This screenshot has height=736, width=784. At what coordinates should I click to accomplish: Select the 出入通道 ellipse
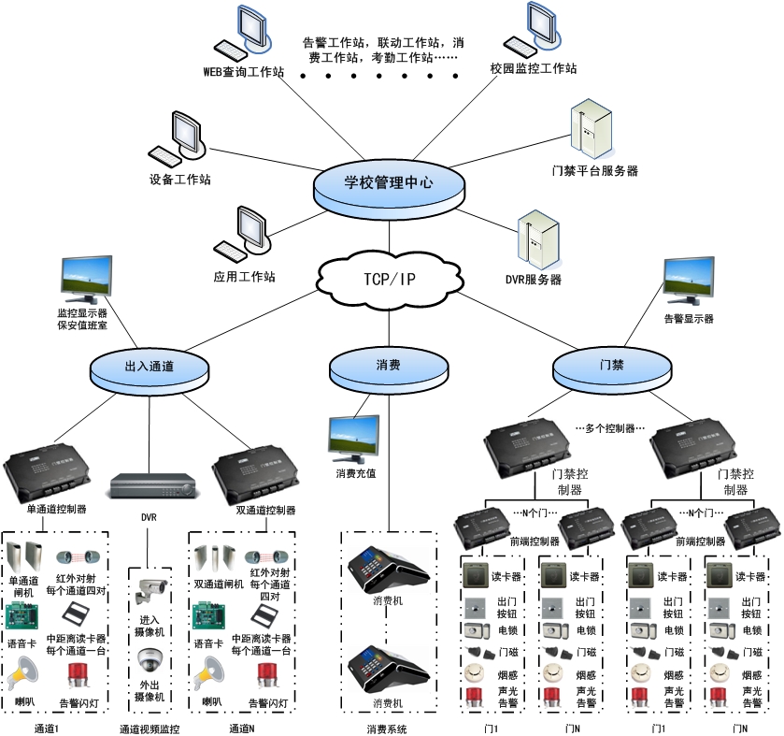[x=149, y=368]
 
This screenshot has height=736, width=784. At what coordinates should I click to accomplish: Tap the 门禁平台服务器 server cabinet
[x=591, y=134]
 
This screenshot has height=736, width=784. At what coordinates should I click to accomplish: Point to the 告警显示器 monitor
[x=690, y=282]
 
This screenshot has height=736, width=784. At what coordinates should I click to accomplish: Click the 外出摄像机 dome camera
[x=150, y=660]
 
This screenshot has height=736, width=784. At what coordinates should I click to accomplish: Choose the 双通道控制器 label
[x=266, y=511]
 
